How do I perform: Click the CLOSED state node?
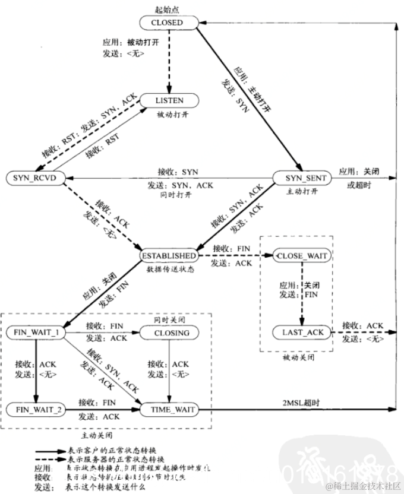[x=167, y=23]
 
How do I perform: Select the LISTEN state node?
[x=169, y=101]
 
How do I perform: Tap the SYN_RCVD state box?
[x=34, y=178]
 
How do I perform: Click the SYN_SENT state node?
[x=299, y=178]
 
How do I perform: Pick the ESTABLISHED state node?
[x=168, y=255]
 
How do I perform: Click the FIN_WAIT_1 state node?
[x=36, y=332]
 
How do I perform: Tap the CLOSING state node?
[x=171, y=333]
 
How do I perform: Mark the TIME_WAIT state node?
[x=169, y=410]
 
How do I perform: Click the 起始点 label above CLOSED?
[x=167, y=8]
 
